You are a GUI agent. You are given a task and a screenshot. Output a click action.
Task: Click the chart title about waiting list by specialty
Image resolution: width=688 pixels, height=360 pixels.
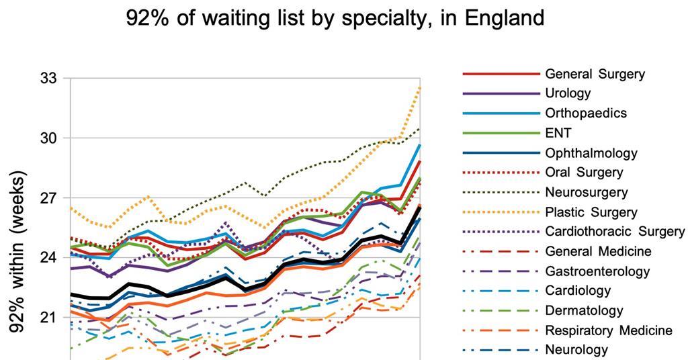pos(335,17)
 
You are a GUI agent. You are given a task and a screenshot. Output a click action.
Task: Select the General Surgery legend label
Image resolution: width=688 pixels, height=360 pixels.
pos(595,74)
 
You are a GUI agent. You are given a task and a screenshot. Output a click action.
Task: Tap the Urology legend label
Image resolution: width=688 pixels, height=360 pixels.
pos(568,93)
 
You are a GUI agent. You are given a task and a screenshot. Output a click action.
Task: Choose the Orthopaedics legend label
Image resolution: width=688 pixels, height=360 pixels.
pos(586,113)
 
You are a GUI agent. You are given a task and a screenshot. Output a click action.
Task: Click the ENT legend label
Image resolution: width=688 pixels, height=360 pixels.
pos(558,133)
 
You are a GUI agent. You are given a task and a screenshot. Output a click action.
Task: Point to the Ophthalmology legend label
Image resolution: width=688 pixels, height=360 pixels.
pos(591,153)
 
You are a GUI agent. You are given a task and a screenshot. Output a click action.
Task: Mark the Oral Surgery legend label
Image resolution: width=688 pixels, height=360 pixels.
pos(584,173)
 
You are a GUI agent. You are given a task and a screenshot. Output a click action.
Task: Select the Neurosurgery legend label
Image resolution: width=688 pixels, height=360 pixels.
pos(587,192)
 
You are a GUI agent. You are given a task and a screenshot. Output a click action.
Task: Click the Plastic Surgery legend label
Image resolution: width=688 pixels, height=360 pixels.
pos(591,212)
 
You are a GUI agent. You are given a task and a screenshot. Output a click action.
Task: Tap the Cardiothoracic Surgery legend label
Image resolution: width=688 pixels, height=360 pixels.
pos(615,232)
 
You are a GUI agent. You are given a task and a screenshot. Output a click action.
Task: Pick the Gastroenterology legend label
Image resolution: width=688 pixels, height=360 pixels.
pos(597,271)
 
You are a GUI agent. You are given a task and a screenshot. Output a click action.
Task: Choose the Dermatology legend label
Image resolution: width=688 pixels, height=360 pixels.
pos(585,311)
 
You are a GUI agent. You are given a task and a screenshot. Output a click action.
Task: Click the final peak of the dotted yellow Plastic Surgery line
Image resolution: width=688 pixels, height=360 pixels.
pos(420,87)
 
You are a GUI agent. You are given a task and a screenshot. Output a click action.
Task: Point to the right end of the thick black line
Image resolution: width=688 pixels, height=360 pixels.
pos(420,208)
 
